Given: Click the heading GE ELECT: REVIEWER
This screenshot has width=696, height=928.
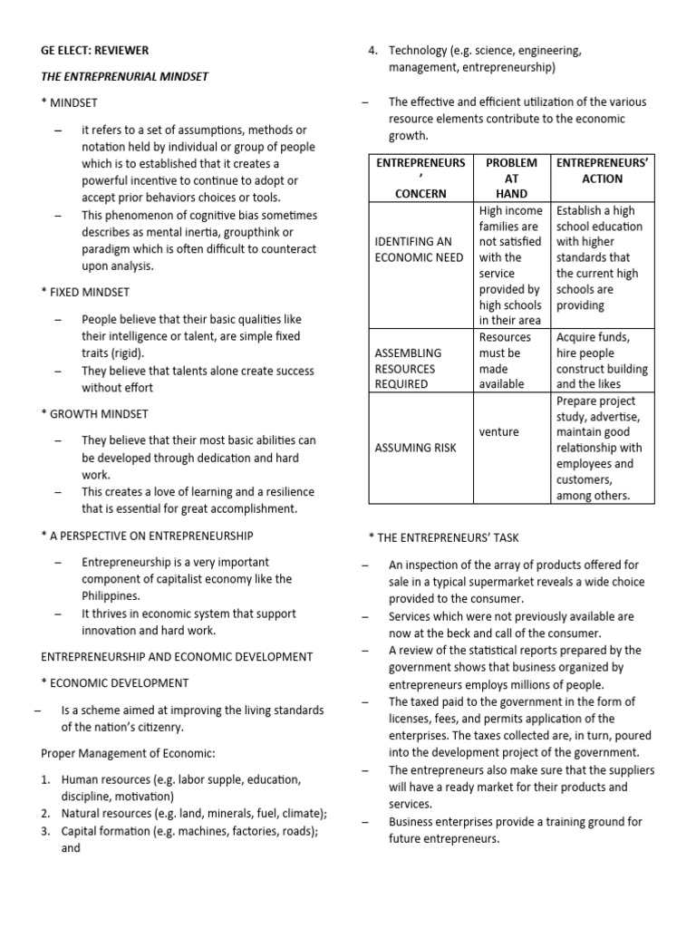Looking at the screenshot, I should pos(95,50).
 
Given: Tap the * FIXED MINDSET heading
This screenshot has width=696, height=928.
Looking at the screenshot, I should pos(85,292).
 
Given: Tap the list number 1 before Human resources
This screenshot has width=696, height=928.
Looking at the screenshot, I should pos(45,778).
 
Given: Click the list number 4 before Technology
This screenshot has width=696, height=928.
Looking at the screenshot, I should pos(372,50).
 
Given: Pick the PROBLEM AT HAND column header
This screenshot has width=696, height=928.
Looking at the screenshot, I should pos(511,178).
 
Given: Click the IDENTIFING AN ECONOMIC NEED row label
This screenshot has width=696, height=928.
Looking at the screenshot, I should pos(419,249).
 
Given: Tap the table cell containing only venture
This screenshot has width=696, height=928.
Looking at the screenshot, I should pos(499,431).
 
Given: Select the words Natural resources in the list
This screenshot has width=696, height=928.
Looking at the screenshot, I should pos(103,813).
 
